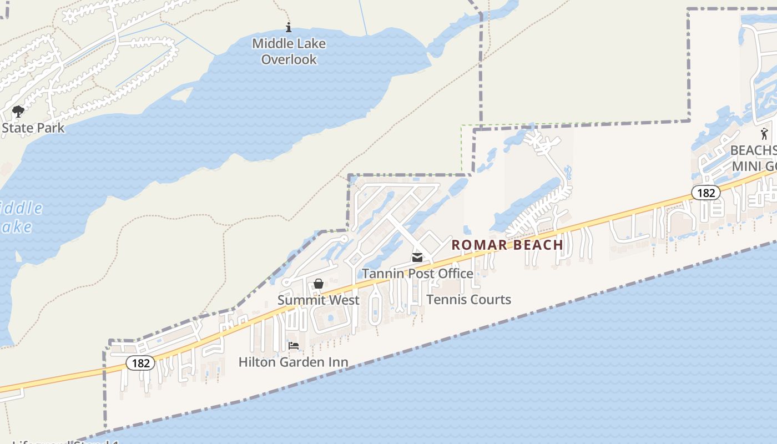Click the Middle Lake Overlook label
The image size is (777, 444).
coord(289,51)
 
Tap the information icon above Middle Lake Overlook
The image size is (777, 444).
coord(288,27)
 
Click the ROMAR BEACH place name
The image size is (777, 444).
coord(507,245)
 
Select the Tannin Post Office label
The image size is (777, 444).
coord(417,274)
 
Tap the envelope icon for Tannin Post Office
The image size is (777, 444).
coord(417,258)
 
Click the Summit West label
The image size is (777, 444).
coord(319,300)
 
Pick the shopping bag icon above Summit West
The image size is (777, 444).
coord(319,284)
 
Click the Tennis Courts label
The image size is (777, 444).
coord(468,300)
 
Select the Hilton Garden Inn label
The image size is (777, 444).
coord(293,362)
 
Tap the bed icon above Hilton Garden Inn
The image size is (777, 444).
coord(294,346)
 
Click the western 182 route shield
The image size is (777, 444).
coord(140,363)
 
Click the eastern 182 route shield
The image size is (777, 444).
coord(705,193)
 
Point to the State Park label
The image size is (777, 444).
coord(33,128)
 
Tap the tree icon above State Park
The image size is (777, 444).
coord(18,112)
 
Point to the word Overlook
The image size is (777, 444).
coord(289,59)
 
